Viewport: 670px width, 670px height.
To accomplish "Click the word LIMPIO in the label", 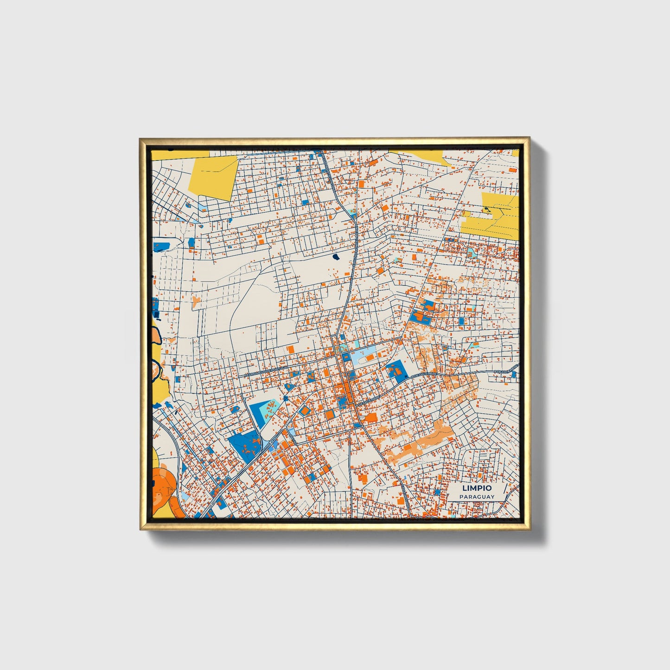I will coord(476,488).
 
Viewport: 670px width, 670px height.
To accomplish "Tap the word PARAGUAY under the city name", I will coord(477,497).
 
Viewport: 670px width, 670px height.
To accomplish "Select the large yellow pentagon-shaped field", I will coord(214,177).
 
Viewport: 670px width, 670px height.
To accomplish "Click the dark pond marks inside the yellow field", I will coord(486,210).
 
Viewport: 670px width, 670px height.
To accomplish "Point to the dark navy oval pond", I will coord(336,256).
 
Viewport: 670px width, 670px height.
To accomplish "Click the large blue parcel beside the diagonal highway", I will coord(244,446).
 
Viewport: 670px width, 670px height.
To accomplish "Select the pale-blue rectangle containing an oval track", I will coord(364,356).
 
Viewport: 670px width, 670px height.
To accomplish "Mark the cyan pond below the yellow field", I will coord(471,252).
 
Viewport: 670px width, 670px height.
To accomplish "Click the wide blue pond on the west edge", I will coord(161,245).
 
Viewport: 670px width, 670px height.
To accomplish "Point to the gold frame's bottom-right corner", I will coord(529,530).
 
